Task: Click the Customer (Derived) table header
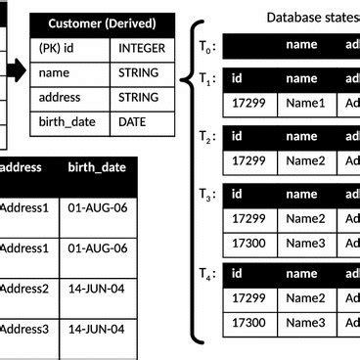coord(103,22)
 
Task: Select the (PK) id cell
coord(60,47)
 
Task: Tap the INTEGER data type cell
coord(142,47)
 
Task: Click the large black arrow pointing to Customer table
coord(14,70)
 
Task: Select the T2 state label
coord(206,138)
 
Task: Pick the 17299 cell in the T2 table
coord(252,160)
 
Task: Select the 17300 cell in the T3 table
coord(252,243)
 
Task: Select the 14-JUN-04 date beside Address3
coord(97,330)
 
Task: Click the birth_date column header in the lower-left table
coord(97,167)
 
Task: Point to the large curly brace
coord(196,181)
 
